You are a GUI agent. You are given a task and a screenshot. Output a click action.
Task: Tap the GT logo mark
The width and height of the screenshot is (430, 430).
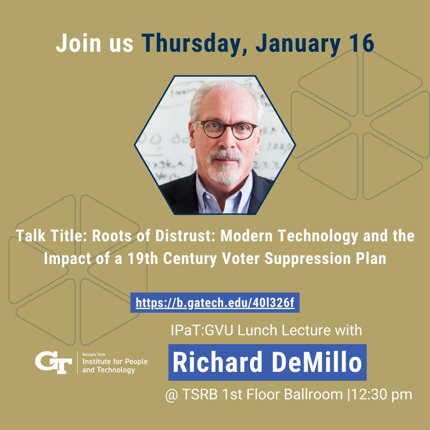click(53, 362)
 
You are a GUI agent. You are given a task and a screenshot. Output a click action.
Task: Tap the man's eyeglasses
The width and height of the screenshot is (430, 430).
click(225, 129)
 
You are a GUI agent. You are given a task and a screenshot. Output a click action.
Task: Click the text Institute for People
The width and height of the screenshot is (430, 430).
click(115, 362)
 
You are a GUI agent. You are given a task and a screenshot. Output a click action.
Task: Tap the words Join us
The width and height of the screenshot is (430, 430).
click(94, 44)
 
